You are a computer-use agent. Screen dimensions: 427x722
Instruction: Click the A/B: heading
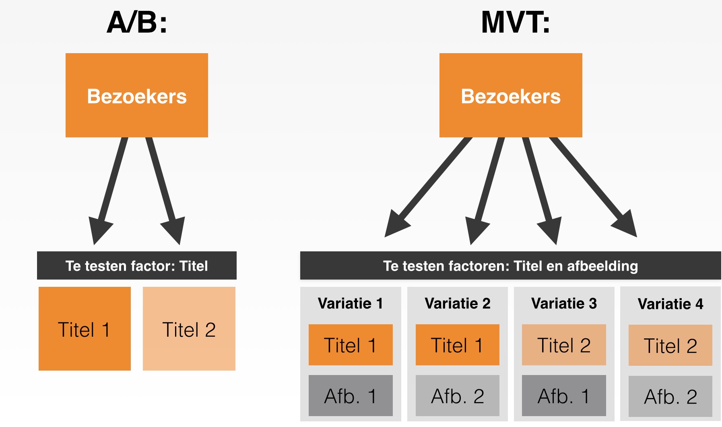pyautogui.click(x=137, y=23)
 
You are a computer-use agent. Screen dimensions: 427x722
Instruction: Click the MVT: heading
pyautogui.click(x=516, y=23)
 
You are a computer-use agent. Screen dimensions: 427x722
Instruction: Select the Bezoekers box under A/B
pyautogui.click(x=137, y=95)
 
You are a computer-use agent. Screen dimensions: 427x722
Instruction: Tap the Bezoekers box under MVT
pyautogui.click(x=511, y=95)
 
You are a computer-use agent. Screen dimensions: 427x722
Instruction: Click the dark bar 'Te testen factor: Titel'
pyautogui.click(x=137, y=266)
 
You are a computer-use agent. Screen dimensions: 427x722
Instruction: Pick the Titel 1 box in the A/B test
pyautogui.click(x=85, y=329)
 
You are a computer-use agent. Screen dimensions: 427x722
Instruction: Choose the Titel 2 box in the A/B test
pyautogui.click(x=189, y=329)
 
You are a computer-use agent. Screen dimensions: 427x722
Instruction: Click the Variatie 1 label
pyautogui.click(x=351, y=303)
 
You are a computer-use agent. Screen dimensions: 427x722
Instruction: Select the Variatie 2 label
pyautogui.click(x=458, y=303)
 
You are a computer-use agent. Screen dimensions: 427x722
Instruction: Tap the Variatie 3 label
pyautogui.click(x=564, y=303)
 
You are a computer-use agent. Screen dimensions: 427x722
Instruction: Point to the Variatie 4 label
pyautogui.click(x=670, y=304)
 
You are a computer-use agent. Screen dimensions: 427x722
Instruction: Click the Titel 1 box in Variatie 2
pyautogui.click(x=458, y=345)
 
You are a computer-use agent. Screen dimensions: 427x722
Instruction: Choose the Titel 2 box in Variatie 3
pyautogui.click(x=564, y=345)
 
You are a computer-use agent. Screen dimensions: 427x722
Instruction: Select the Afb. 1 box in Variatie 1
pyautogui.click(x=351, y=396)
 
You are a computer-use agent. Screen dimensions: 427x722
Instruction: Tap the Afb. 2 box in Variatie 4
pyautogui.click(x=670, y=396)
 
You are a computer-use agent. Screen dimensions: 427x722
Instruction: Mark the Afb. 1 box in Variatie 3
pyautogui.click(x=564, y=396)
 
